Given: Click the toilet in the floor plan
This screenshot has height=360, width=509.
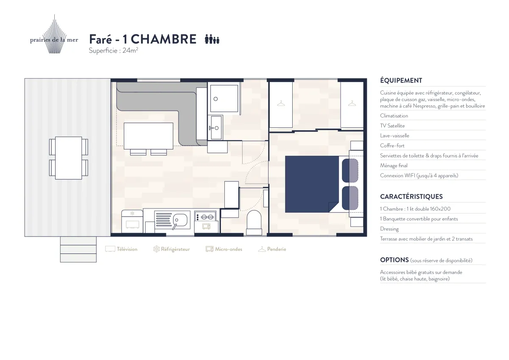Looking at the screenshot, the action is point(254,222).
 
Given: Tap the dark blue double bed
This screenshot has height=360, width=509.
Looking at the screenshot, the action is point(312,184).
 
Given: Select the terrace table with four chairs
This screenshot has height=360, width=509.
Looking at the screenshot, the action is point(69,158).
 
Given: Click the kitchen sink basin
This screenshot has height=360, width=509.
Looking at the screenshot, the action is point(180,219).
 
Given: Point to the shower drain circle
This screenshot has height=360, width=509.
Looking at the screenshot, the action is point(215,99).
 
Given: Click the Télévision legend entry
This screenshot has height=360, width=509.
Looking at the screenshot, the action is point(121,249).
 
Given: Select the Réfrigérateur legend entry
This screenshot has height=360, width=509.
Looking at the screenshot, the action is point(171,249).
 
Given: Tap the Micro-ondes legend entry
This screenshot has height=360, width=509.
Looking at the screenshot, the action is point(224,249).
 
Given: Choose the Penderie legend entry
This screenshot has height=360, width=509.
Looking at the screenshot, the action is point(272,249).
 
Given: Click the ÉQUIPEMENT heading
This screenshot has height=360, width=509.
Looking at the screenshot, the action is point(401,81).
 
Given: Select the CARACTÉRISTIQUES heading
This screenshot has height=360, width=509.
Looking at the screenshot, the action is point(411,197).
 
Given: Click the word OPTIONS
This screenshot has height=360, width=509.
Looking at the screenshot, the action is point(394,260).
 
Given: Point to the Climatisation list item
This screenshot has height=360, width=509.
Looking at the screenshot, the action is point(394,116).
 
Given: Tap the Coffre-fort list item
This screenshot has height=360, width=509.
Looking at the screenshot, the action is point(392,146).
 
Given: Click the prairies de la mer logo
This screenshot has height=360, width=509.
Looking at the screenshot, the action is point(54,34).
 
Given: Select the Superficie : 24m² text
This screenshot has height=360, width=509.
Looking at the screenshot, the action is point(113,50).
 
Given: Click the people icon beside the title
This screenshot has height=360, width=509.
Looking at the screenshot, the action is point(212,39).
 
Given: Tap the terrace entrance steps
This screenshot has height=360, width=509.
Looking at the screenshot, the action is point(78,250).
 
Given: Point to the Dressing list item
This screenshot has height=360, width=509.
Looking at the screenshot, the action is point(389,229).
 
